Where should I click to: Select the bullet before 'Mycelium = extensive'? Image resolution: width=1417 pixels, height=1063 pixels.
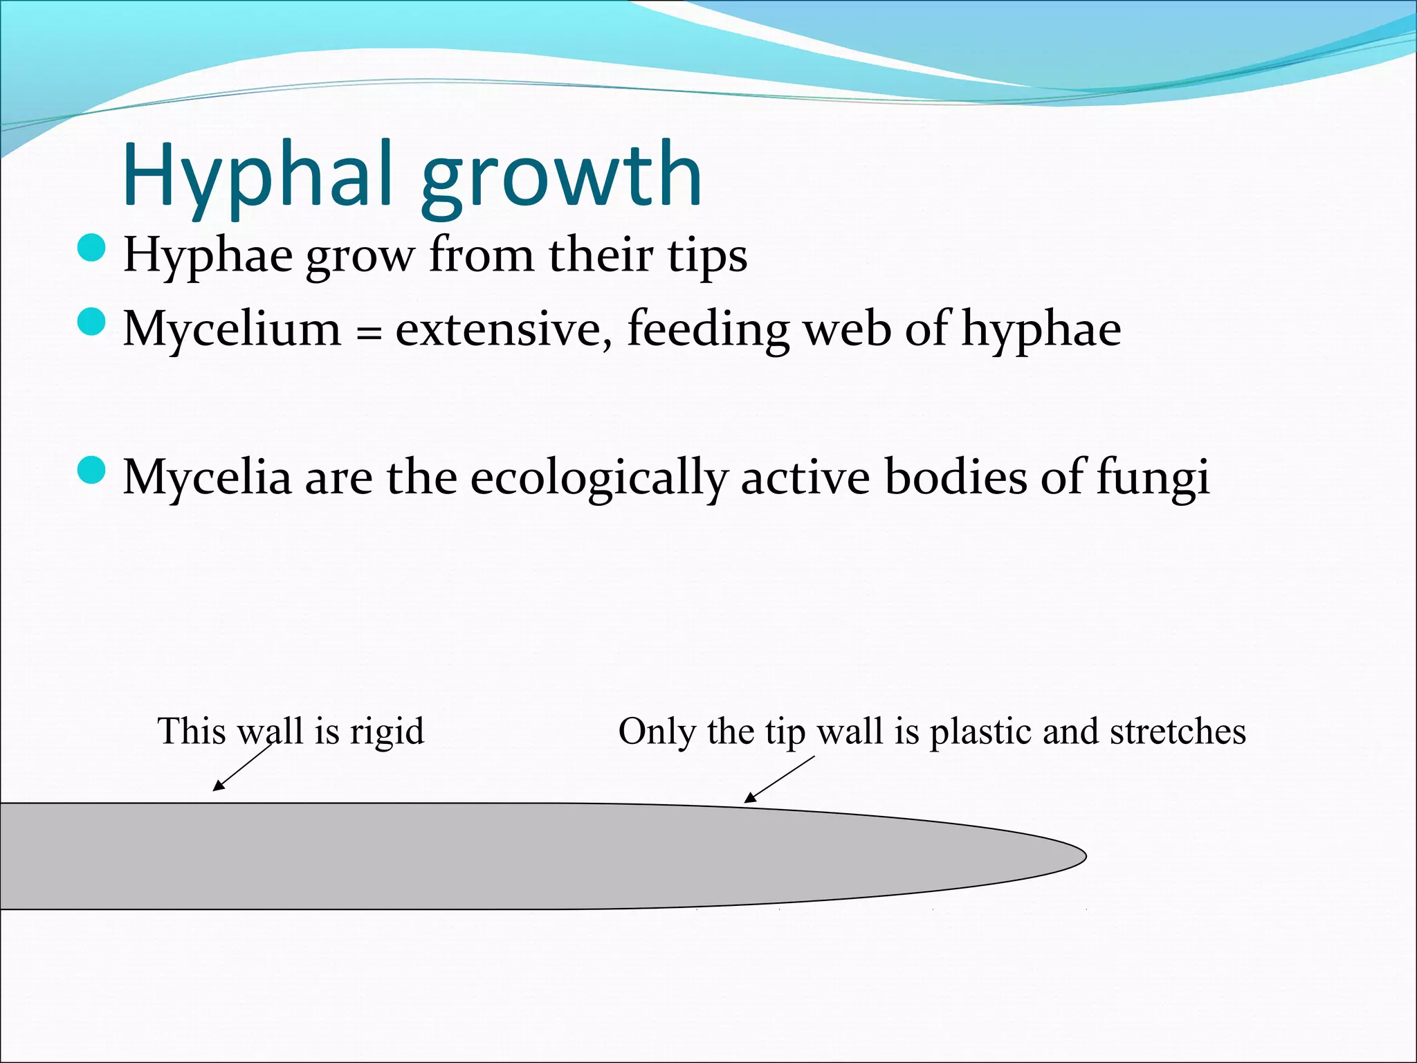pyautogui.click(x=91, y=322)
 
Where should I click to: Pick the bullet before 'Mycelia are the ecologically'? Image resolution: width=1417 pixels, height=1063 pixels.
pyautogui.click(x=91, y=471)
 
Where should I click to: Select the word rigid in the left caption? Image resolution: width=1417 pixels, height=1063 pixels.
pyautogui.click(x=387, y=732)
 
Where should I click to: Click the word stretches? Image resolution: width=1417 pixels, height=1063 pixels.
pyautogui.click(x=1178, y=732)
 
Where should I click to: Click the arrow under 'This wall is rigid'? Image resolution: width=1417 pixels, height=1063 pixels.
pyautogui.click(x=242, y=767)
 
